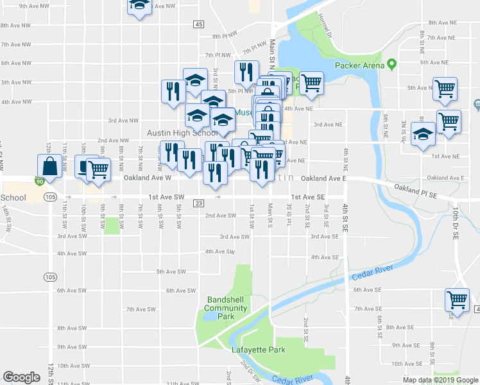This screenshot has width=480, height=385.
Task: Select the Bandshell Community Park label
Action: tap(226, 308)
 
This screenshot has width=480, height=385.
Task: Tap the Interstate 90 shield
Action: tap(40, 182)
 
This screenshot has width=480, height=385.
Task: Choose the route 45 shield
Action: tap(198, 24)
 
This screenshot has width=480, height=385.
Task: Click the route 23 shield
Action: tap(198, 203)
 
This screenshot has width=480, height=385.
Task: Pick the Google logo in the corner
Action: tap(21, 377)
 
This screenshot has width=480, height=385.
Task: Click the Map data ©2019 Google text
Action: tap(440, 380)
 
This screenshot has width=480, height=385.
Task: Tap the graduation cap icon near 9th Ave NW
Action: tap(139, 6)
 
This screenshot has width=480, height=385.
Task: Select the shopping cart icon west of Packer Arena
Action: tap(311, 82)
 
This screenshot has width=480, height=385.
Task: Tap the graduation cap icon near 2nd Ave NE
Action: tap(423, 135)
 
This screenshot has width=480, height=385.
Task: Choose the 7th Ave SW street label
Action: tap(141, 309)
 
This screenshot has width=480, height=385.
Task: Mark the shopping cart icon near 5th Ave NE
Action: tap(445, 89)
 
